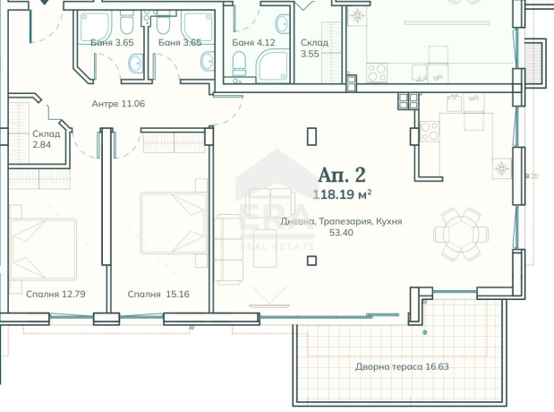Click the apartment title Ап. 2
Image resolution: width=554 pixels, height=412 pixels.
coord(342,175)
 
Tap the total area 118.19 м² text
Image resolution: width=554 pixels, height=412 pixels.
coord(342,194)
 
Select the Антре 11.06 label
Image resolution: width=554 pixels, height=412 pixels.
coord(118,104)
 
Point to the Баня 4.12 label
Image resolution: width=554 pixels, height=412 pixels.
coord(253,42)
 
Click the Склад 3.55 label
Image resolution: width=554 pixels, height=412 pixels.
coord(314,48)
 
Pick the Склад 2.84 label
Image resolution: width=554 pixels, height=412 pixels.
coord(47,139)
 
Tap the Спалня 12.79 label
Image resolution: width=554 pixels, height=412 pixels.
coord(55,295)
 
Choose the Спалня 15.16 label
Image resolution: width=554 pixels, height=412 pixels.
coord(158,295)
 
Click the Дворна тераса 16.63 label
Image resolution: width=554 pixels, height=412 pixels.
coord(402,366)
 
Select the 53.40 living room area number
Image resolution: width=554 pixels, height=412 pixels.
coord(341,233)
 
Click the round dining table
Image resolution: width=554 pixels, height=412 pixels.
coord(461,234)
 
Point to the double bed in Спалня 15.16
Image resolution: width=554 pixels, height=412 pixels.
coord(174,223)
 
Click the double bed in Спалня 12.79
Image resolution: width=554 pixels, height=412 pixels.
coord(43,249)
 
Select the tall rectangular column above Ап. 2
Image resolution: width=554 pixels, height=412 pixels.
coord(311,136)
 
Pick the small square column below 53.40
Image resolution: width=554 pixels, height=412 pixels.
coord(311,261)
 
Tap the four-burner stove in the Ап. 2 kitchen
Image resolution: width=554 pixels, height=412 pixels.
coord(430,131)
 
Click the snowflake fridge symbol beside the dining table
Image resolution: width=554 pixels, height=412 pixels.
coord(501,168)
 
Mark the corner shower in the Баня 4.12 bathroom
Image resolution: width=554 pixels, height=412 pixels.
coord(273,65)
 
